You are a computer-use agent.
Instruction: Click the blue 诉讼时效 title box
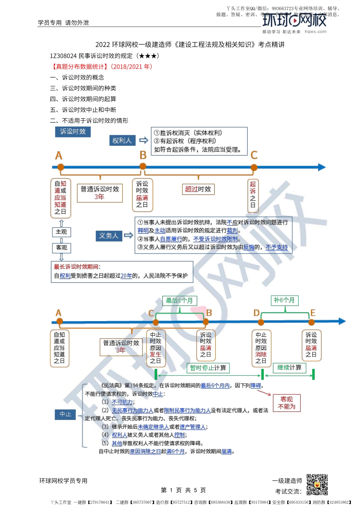point(73,131)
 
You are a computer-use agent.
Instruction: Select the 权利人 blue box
point(122,141)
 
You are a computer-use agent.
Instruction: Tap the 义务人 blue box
point(108,236)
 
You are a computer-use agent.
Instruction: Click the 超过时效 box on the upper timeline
point(198,189)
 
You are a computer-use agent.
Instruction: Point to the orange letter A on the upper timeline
point(58,156)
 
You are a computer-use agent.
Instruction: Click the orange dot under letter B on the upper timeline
point(143,166)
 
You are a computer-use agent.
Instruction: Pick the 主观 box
point(61,232)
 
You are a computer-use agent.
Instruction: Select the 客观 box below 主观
point(61,248)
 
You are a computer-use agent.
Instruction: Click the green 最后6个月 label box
point(179,301)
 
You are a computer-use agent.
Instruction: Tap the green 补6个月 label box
point(284,300)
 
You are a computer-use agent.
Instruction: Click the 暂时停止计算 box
point(208,368)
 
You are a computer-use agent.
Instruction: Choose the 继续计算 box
point(289,367)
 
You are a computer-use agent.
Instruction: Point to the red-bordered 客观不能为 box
point(286,403)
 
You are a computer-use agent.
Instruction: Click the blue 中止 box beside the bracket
point(65,414)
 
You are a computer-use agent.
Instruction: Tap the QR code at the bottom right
point(317,484)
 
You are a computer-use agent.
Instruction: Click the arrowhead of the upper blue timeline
point(322,167)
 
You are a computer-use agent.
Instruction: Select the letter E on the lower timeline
point(313,313)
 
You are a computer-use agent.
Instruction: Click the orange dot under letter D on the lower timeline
point(261,322)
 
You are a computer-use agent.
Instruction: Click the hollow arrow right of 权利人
point(143,141)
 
